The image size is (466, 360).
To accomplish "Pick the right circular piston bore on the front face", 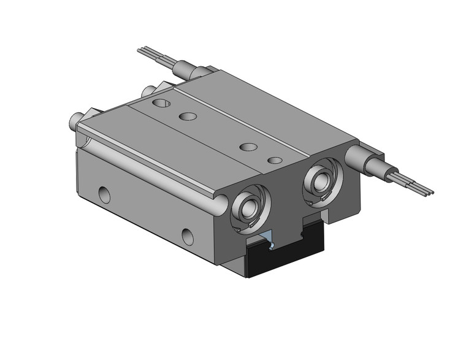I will (321, 178).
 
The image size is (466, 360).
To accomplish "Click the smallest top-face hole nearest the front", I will (275, 160).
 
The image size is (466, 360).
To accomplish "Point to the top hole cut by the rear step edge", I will (163, 104).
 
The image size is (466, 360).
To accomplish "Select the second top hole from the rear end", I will (188, 116).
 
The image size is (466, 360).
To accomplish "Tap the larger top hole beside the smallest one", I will (248, 147).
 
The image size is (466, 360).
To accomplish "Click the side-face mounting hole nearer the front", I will (186, 235).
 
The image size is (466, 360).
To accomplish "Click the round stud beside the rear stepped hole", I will (147, 92).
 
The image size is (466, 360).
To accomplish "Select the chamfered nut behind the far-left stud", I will (86, 116).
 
